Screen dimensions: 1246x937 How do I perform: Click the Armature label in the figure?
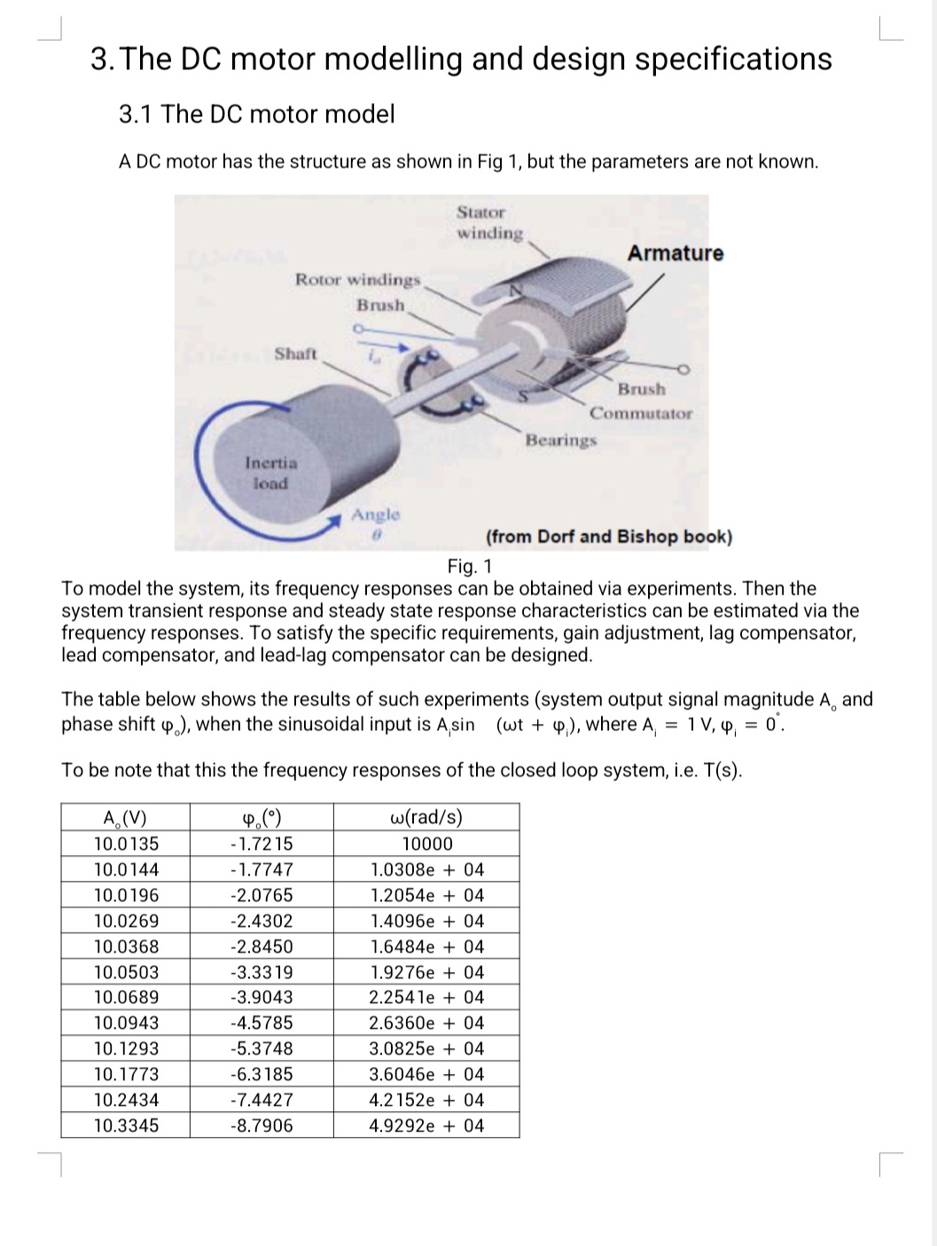coord(675,253)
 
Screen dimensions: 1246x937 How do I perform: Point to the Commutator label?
coord(641,413)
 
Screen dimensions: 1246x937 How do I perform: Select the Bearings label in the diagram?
coord(560,440)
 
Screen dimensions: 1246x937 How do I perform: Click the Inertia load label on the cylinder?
coord(271,472)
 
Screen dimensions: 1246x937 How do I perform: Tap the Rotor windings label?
coord(357,280)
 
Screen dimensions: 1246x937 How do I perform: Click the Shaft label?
coord(295,354)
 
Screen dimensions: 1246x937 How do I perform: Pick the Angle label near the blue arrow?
coord(376,515)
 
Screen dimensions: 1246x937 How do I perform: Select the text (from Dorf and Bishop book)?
coord(609,537)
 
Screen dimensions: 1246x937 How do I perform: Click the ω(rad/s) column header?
coord(426,817)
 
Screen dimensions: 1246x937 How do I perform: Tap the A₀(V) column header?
coord(125,818)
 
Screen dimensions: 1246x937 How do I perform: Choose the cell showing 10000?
coord(426,844)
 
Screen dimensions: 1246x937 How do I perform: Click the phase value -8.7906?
coord(261,1125)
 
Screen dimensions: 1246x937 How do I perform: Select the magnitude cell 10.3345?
coord(126,1125)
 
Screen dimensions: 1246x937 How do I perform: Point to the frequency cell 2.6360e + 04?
coord(426,1023)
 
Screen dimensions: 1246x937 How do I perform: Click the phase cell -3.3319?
coord(261,972)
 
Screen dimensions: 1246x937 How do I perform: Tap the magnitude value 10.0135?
coord(126,844)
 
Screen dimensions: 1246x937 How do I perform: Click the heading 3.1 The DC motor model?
coord(256,114)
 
